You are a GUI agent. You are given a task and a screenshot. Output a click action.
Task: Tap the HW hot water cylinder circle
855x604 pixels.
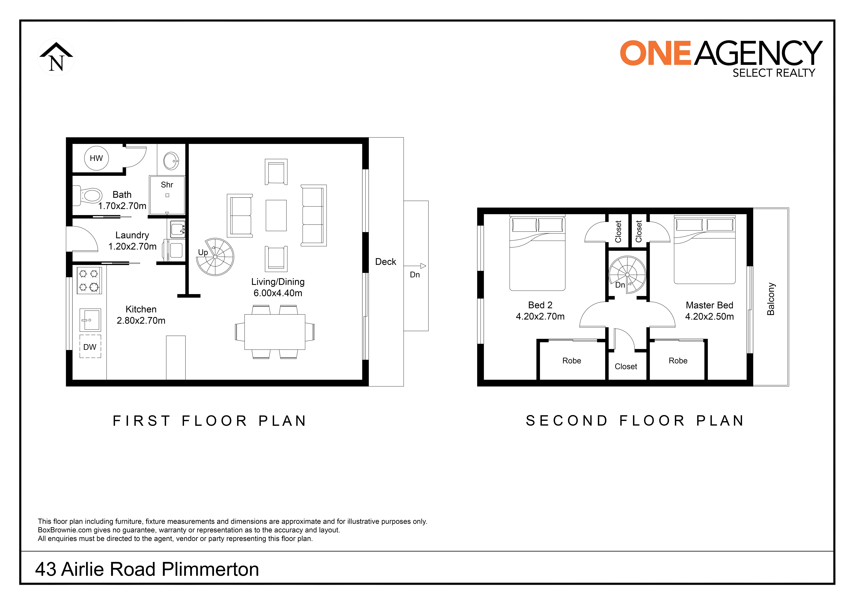96,158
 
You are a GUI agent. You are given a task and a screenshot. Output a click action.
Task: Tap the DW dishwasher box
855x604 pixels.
90,347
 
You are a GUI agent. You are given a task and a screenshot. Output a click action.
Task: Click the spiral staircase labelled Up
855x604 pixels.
215,257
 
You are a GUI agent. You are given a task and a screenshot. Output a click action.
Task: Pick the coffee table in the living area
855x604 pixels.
276,215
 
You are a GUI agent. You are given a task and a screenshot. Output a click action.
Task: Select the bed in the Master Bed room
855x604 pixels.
705,250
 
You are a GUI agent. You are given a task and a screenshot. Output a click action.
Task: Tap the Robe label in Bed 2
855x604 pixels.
572,361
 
